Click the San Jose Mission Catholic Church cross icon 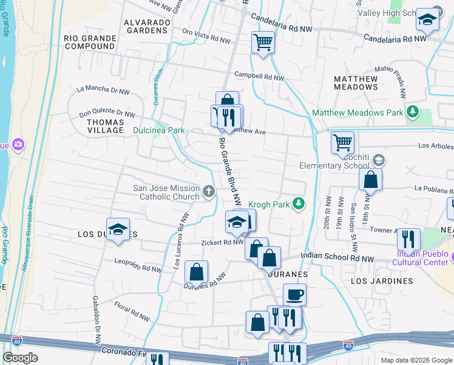point(209,192)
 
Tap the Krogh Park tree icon point(298,204)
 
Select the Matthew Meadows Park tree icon point(413,112)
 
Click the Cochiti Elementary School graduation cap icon point(379,160)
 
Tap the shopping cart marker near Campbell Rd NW point(263,43)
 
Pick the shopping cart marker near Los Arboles point(342,143)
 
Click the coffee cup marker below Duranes point(294,295)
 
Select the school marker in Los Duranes point(118,229)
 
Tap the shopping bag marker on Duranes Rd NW point(196,272)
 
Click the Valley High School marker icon point(427,20)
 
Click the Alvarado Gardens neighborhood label point(146,26)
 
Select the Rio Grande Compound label point(90,42)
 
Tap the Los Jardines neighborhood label point(382,281)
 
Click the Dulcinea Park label point(154,130)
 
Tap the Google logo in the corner point(20,357)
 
